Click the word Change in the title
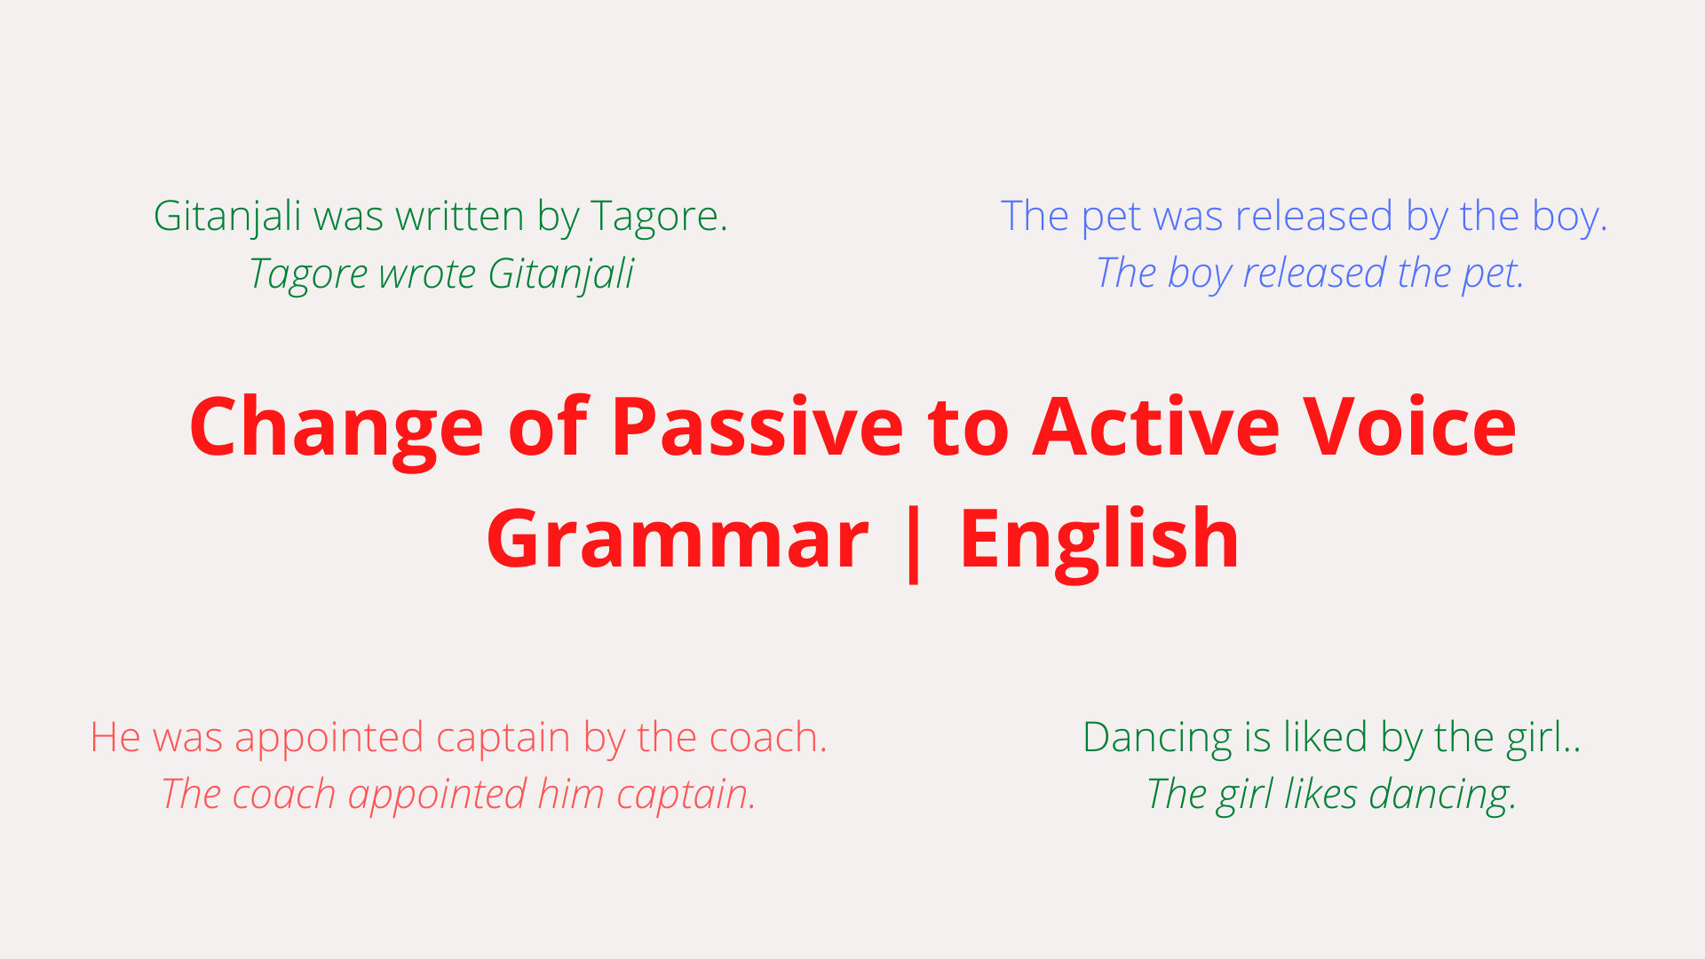click(x=336, y=429)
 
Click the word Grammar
click(x=677, y=538)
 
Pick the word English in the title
click(x=1099, y=538)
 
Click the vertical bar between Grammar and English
click(x=913, y=541)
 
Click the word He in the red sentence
click(x=115, y=737)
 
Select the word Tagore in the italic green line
click(x=309, y=274)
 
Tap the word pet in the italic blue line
click(x=1493, y=273)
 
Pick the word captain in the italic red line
click(x=686, y=795)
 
